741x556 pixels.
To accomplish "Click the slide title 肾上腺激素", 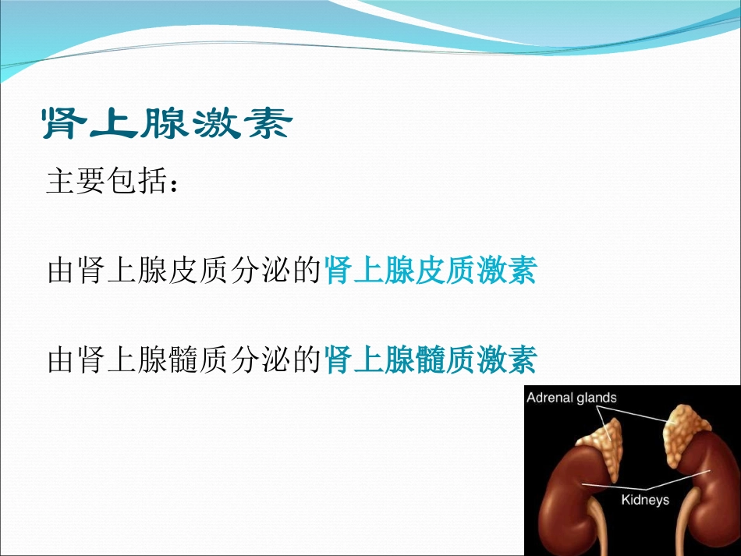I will [x=166, y=123].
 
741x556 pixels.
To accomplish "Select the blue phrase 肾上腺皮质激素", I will [x=430, y=272].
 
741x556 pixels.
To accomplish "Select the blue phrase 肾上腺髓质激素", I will [x=430, y=361].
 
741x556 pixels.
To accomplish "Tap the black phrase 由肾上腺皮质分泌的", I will [x=185, y=272].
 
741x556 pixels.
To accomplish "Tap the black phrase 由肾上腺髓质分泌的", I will [x=185, y=361].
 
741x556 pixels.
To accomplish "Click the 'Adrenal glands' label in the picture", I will [x=572, y=398].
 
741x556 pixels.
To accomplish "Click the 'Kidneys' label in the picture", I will [x=644, y=499].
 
